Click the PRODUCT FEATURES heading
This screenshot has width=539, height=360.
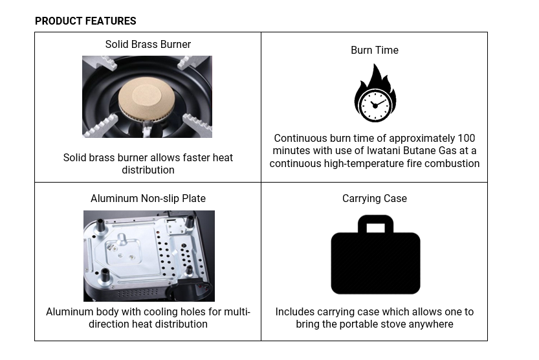85,21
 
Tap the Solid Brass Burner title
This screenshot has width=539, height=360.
148,45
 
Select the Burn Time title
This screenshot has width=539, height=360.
375,51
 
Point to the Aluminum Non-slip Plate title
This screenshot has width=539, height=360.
148,198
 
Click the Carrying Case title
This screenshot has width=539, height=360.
375,198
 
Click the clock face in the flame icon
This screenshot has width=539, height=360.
375,105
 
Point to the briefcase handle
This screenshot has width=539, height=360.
375,224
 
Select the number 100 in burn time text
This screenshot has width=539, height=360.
466,138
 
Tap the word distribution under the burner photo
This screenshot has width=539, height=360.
148,170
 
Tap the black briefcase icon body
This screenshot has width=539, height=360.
375,263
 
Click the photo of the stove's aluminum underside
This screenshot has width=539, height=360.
149,256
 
